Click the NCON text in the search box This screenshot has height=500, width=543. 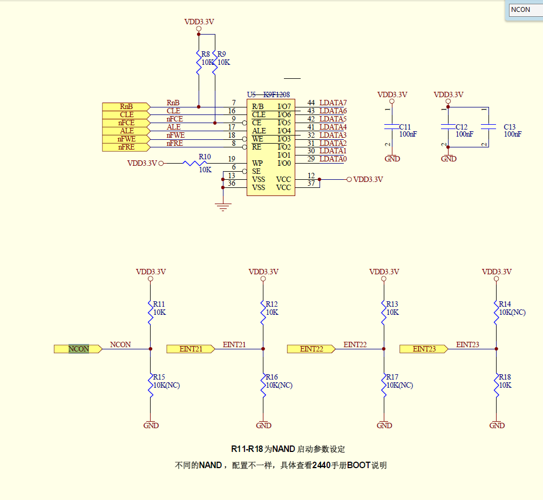[x=521, y=10]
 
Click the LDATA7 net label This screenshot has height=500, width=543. [x=333, y=103]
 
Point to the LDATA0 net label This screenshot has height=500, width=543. [x=333, y=159]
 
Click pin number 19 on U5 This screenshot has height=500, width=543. [x=232, y=159]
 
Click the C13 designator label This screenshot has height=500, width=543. [x=510, y=127]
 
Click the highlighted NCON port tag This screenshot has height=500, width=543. [x=79, y=349]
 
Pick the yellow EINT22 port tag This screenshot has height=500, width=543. [x=311, y=349]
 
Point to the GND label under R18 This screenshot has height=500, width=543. [x=497, y=425]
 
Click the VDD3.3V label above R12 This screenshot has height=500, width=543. [x=263, y=272]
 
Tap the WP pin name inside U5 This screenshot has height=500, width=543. [x=257, y=163]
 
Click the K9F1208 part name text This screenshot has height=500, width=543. [x=276, y=94]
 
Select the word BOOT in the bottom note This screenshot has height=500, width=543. [x=358, y=465]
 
